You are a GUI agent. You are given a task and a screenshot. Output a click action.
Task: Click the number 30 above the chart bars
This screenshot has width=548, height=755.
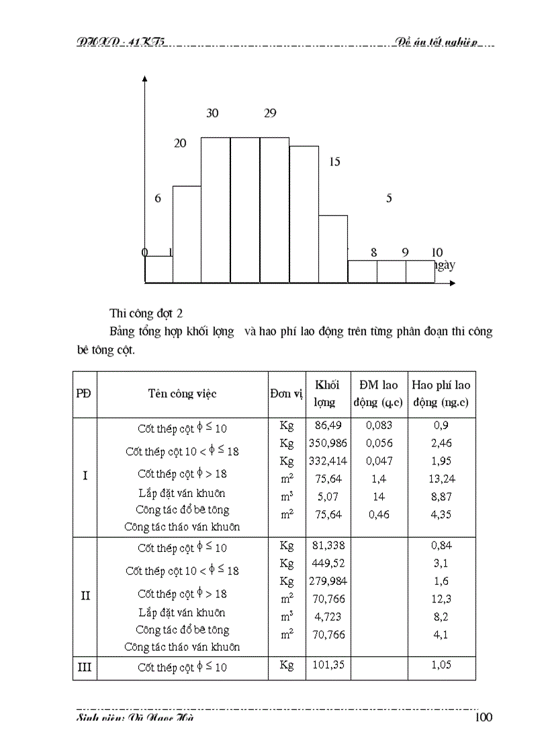point(212,113)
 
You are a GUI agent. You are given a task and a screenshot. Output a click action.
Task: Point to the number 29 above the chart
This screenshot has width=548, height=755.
point(270,113)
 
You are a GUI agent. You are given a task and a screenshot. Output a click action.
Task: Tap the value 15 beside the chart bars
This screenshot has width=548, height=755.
point(335,161)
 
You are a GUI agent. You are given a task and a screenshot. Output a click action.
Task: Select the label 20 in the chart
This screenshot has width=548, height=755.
point(180,143)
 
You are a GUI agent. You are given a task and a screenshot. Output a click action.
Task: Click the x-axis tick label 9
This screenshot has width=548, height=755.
point(405,253)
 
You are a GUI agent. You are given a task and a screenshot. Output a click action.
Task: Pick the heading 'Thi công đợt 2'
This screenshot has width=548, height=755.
point(146,313)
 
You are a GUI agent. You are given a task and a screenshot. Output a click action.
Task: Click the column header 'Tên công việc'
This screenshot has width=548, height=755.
point(182,394)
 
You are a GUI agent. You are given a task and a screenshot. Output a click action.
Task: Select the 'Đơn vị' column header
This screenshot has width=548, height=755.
point(287,394)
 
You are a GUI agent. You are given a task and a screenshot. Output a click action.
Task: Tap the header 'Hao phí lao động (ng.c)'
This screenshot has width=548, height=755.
point(441,394)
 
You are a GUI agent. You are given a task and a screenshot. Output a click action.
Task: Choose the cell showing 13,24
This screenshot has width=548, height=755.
point(441,479)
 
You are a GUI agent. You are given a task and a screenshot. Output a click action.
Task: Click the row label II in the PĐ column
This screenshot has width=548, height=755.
point(85,596)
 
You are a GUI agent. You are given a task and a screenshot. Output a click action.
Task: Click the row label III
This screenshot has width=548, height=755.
point(85,668)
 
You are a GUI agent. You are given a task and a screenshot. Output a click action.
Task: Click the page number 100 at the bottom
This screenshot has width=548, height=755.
point(483,717)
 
